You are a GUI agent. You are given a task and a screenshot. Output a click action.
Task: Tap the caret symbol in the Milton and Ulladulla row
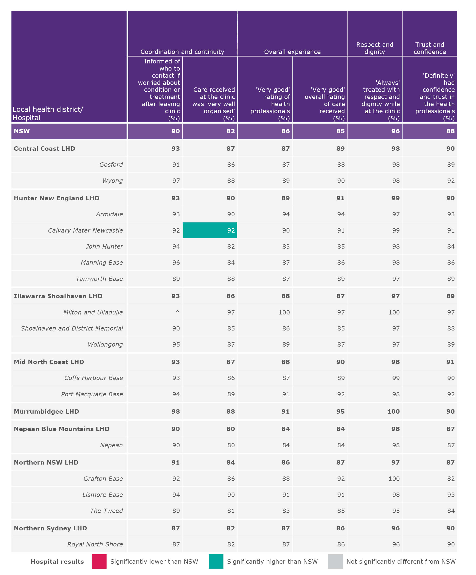pos(177,312)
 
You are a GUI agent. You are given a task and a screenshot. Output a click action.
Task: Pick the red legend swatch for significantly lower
pos(99,562)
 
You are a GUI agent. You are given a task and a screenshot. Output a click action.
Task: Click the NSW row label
pos(22,131)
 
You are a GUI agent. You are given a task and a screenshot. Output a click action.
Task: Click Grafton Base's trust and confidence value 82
pos(451,479)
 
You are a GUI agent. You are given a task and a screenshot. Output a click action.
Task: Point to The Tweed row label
pos(106,511)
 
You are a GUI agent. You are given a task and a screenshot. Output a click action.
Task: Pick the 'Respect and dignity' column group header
pos(374,48)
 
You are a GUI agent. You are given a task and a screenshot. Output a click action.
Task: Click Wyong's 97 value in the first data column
pos(176,181)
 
